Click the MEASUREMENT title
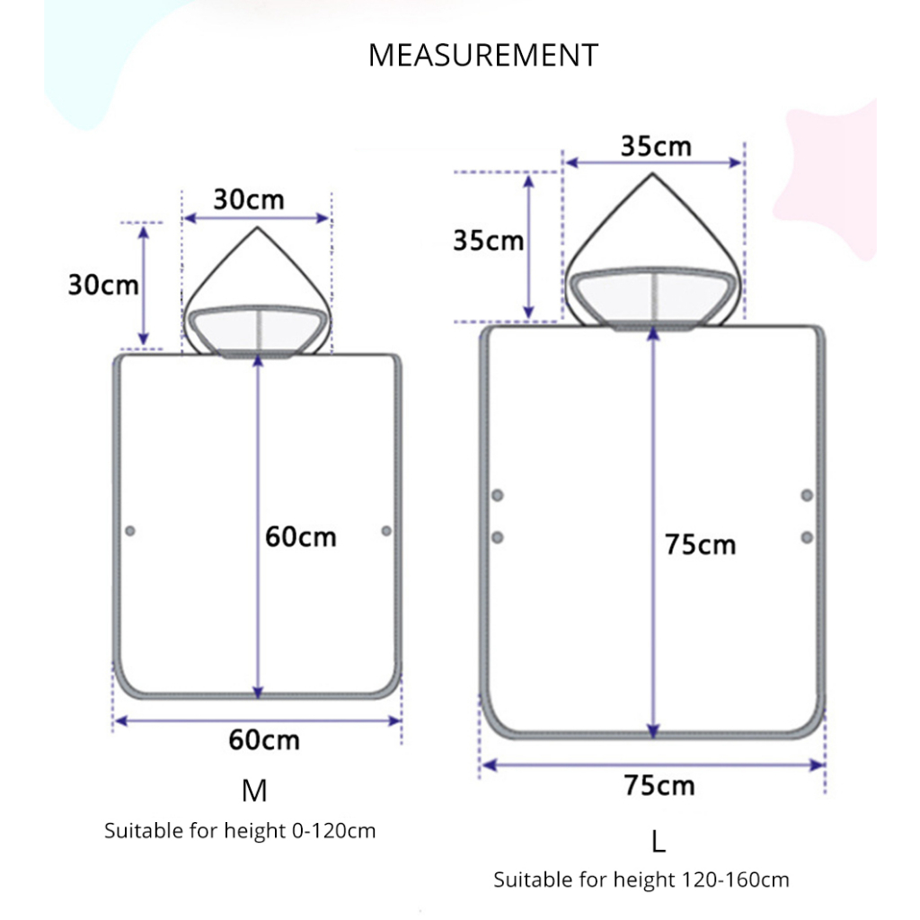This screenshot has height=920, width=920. (x=482, y=55)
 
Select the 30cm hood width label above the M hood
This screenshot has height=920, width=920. (x=249, y=199)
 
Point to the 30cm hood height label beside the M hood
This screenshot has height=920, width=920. (x=103, y=285)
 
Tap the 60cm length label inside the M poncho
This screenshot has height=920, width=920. (x=300, y=537)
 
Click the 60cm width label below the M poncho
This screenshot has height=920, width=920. (x=264, y=740)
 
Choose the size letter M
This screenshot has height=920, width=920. (x=254, y=791)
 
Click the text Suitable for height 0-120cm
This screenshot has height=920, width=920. (x=240, y=831)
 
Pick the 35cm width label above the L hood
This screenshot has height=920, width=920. (x=656, y=146)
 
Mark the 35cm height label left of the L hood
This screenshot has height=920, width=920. (x=488, y=241)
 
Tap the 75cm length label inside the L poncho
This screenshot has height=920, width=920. (x=700, y=544)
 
